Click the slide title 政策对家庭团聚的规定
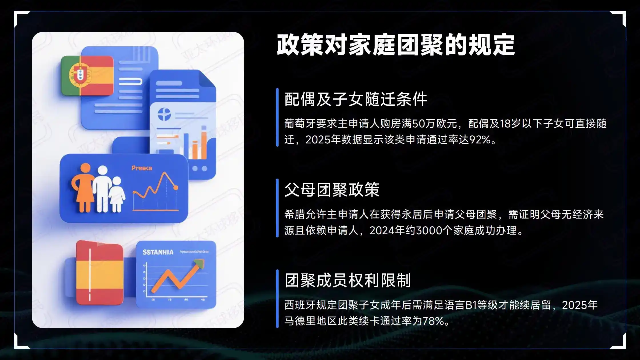click(396, 45)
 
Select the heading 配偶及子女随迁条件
click(356, 99)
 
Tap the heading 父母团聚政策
click(332, 190)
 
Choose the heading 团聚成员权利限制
click(347, 280)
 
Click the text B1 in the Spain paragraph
click(471, 305)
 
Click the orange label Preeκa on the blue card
click(142, 168)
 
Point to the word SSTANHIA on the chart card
click(158, 252)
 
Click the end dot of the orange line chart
click(176, 188)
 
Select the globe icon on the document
click(164, 114)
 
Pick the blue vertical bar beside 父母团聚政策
click(277, 208)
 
